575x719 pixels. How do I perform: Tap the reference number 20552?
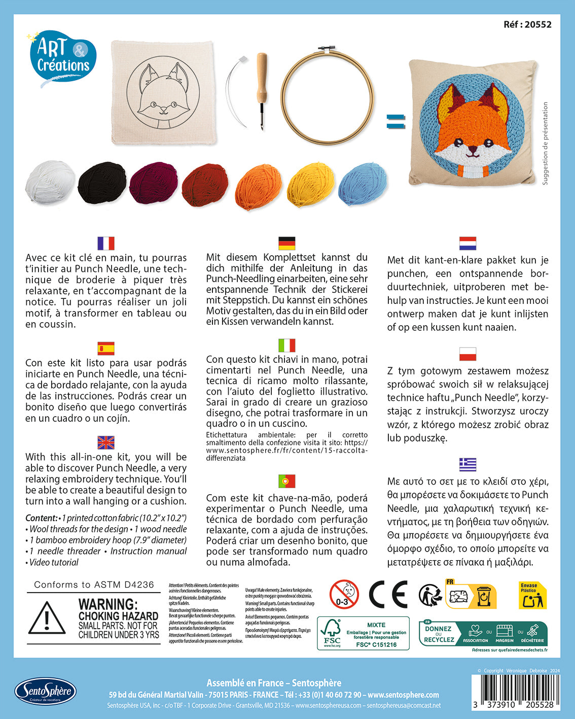(527, 24)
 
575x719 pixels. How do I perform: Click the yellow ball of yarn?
(311, 184)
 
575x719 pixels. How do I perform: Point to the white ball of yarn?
(50, 182)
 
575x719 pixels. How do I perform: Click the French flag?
(106, 244)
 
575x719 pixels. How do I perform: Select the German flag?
(287, 243)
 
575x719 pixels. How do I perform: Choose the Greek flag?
(468, 464)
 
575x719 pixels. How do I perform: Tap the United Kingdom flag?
(106, 442)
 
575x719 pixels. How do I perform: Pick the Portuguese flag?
(287, 481)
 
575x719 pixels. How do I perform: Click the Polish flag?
(468, 354)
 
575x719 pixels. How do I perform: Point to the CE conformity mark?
(388, 594)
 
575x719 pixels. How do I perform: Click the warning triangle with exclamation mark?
(47, 619)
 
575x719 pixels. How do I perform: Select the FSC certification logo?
(332, 633)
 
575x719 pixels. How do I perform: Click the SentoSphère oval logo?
(45, 691)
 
